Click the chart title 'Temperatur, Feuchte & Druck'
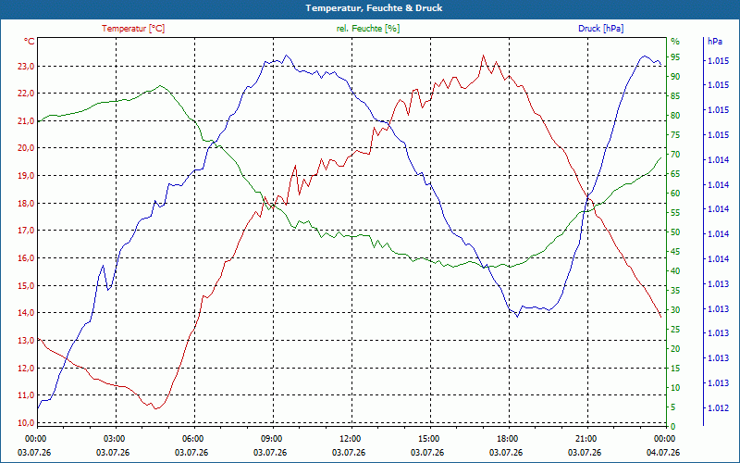click(374, 8)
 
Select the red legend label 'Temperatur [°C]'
click(133, 29)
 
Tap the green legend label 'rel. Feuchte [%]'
click(367, 29)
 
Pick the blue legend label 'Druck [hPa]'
click(600, 29)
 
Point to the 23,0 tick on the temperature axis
click(26, 66)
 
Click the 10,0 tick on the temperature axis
click(26, 422)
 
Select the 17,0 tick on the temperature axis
click(26, 231)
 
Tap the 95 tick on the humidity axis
click(675, 57)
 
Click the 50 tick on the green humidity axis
click(675, 232)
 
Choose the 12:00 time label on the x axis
click(351, 438)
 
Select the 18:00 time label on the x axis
click(507, 438)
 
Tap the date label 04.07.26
click(663, 453)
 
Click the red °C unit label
click(30, 42)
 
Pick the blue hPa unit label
click(715, 42)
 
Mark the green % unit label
click(675, 42)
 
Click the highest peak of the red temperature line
click(483, 56)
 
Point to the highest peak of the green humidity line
click(160, 85)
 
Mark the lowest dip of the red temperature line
click(155, 408)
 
